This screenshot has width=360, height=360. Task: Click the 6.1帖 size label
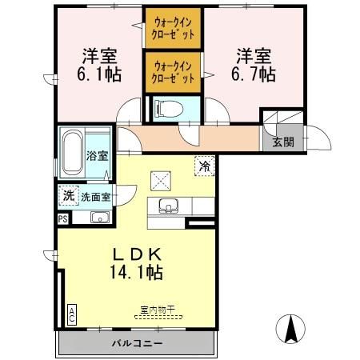100,74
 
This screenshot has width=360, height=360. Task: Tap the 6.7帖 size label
255,74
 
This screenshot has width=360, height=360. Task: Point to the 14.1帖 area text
137,273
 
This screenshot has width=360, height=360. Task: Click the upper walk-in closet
174,29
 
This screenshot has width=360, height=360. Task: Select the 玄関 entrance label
282,142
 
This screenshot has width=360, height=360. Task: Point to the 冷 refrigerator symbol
206,166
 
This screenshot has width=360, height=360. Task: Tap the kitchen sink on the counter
170,205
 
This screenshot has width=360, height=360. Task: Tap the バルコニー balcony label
137,343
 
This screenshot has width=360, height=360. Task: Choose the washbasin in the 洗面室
100,217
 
